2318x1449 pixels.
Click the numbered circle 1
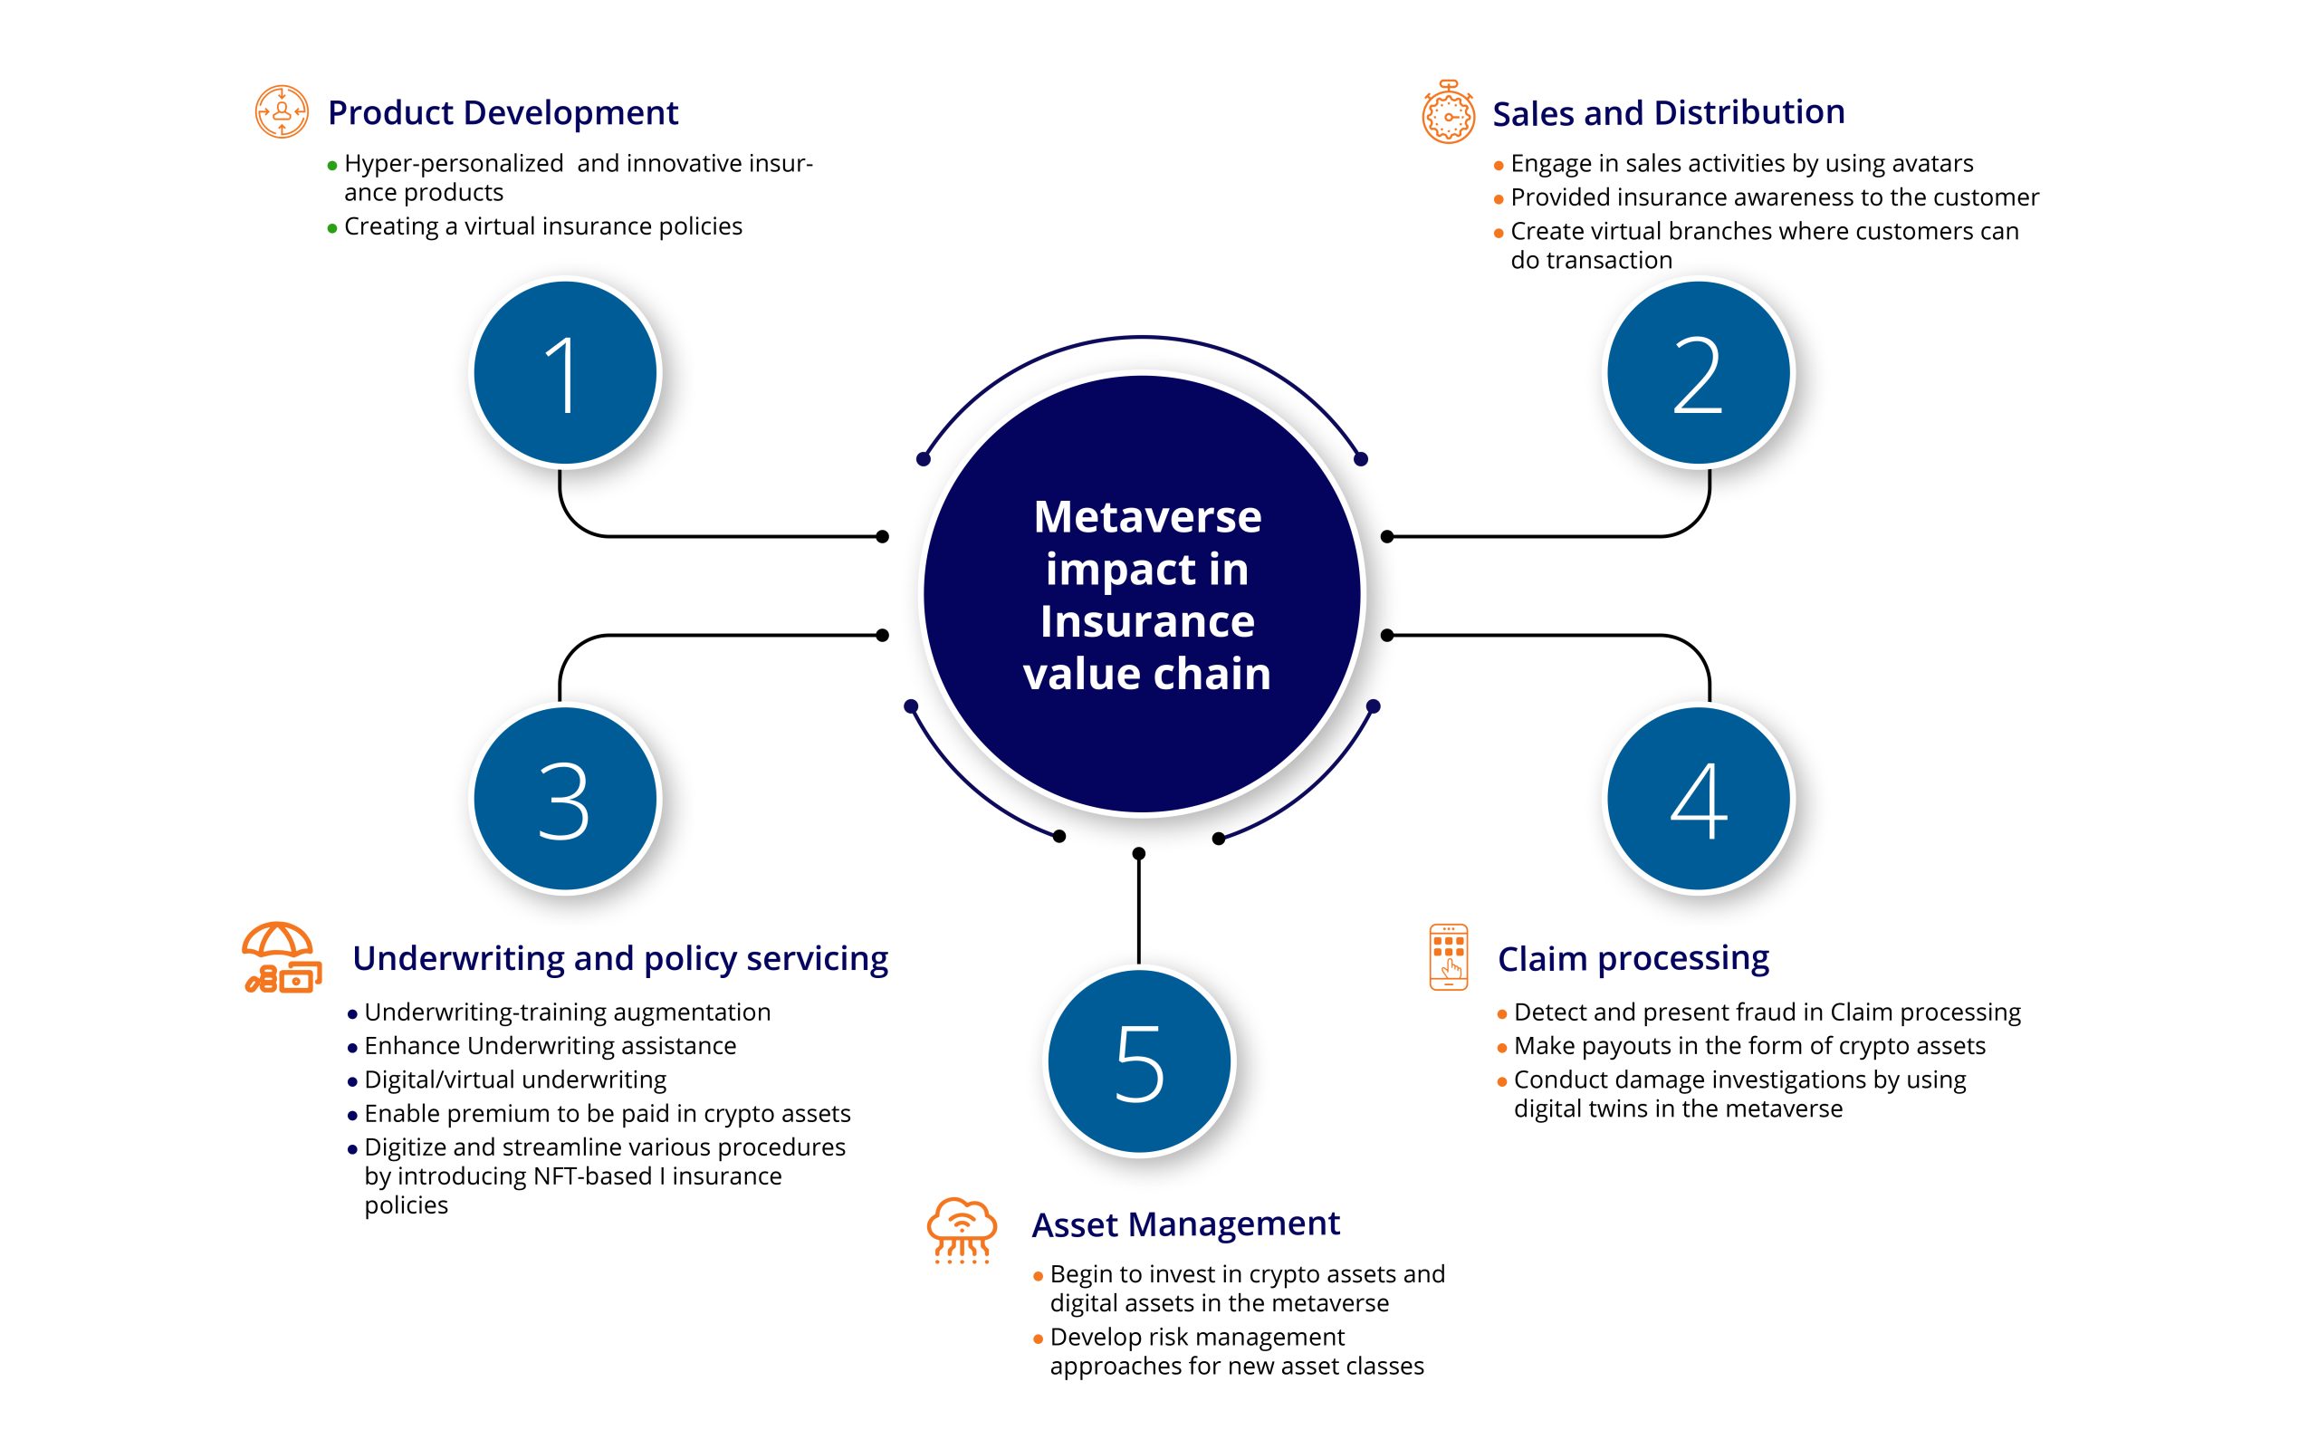point(565,373)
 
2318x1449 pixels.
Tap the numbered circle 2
point(1699,373)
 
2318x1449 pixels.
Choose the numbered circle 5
point(1139,1061)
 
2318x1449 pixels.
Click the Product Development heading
point(503,113)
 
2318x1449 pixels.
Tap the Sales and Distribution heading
point(1668,113)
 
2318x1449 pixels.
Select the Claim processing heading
point(1633,958)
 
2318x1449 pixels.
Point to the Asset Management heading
point(1185,1223)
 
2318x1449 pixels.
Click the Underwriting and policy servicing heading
point(619,958)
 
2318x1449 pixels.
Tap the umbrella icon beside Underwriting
point(280,957)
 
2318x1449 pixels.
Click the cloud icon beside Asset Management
point(962,1230)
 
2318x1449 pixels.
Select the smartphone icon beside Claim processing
point(1448,956)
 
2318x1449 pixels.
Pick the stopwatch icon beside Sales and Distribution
point(1447,113)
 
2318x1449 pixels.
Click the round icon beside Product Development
point(282,112)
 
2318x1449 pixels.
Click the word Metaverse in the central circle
point(1146,517)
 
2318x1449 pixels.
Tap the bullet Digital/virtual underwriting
point(514,1080)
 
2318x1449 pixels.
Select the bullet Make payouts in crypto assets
point(1748,1045)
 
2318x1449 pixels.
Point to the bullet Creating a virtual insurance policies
point(542,226)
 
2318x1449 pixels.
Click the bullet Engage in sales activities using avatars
point(1740,164)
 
